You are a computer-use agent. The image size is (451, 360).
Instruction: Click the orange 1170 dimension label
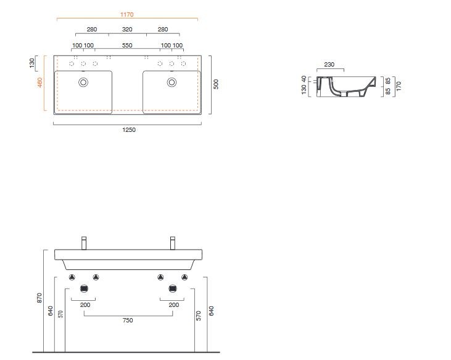coord(127,14)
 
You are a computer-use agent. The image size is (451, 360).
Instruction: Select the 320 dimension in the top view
coord(127,29)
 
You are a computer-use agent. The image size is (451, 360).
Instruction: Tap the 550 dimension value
coord(127,46)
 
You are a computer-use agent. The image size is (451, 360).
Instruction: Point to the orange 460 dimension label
coord(40,83)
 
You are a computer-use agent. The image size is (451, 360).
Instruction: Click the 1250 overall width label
coord(128,129)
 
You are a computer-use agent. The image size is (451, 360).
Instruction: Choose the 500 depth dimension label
coord(216,84)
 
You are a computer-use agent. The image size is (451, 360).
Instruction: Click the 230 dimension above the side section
coord(329,65)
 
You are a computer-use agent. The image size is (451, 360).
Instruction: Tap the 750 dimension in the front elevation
coord(128,320)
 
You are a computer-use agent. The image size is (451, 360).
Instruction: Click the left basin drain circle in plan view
coord(83,81)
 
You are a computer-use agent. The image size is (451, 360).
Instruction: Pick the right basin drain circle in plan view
coord(172,81)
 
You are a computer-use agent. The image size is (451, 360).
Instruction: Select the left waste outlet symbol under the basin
coord(84,288)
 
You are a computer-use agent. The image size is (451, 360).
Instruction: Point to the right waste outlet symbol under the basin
coord(172,288)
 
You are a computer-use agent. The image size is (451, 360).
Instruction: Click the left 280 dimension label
coord(92,29)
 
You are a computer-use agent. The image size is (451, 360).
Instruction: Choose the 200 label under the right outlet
coord(173,305)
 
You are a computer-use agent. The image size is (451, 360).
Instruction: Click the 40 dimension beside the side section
coord(304,80)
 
